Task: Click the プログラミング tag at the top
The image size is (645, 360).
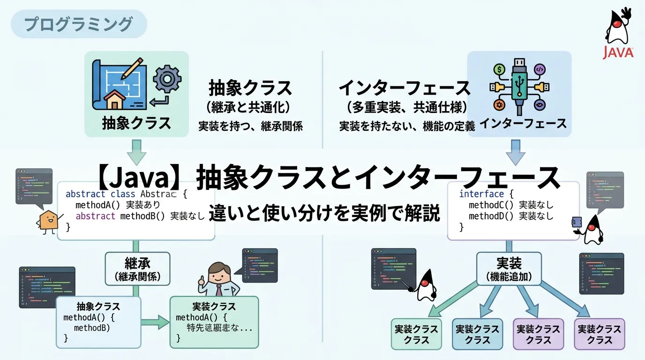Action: point(79,24)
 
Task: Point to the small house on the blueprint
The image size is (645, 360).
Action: point(117,99)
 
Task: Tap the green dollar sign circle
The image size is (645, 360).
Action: point(498,69)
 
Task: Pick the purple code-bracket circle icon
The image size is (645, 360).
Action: point(540,69)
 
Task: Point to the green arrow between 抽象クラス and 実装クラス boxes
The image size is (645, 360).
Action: point(156,322)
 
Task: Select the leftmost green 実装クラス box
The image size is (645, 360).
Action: point(416,334)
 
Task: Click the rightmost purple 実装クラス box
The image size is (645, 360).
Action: point(600,334)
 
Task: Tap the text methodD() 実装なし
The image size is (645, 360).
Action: point(511,216)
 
